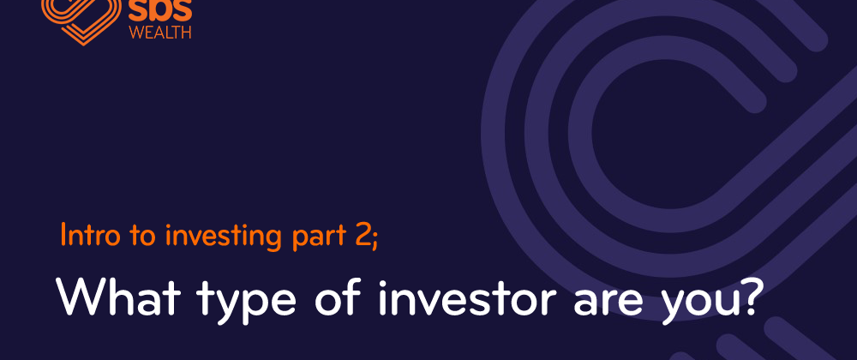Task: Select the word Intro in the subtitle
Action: pos(81,235)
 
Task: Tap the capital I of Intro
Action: pos(63,234)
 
